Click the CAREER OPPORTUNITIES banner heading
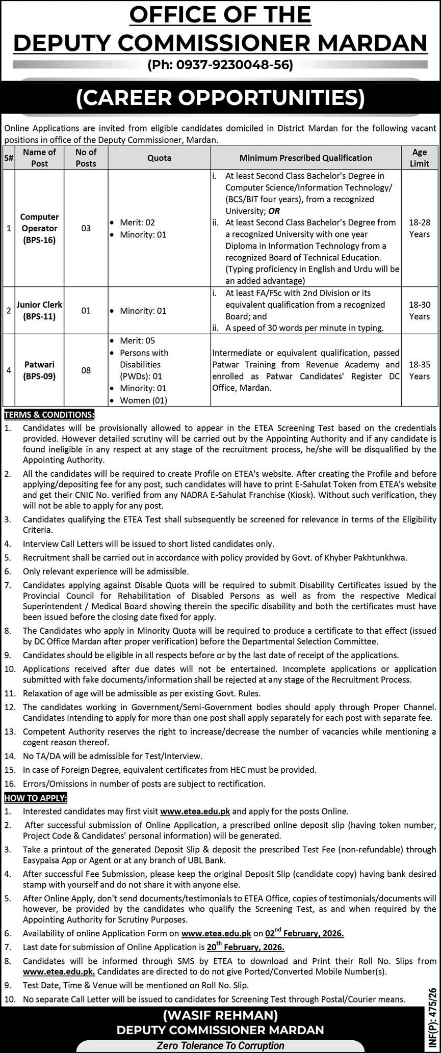(x=220, y=97)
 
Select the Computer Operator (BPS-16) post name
(x=39, y=228)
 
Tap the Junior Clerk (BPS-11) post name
(x=39, y=310)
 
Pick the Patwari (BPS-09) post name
(x=39, y=370)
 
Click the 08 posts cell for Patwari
(x=86, y=370)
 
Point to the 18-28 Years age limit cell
(x=419, y=228)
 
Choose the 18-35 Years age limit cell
(x=419, y=370)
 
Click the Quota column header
(x=159, y=158)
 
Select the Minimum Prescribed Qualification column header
(x=306, y=158)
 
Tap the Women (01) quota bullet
(x=143, y=400)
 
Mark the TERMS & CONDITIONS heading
(x=49, y=415)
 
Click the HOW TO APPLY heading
(x=36, y=797)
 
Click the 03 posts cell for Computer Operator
(x=86, y=228)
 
